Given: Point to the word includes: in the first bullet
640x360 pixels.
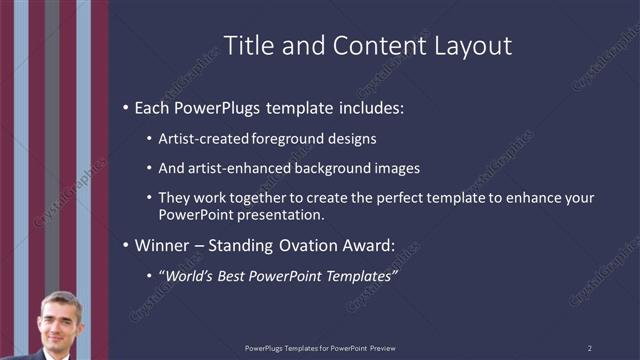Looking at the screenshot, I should pyautogui.click(x=367, y=107).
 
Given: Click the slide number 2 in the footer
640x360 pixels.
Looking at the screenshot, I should pyautogui.click(x=590, y=348).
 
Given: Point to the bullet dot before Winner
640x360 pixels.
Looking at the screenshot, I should pyautogui.click(x=124, y=246).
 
